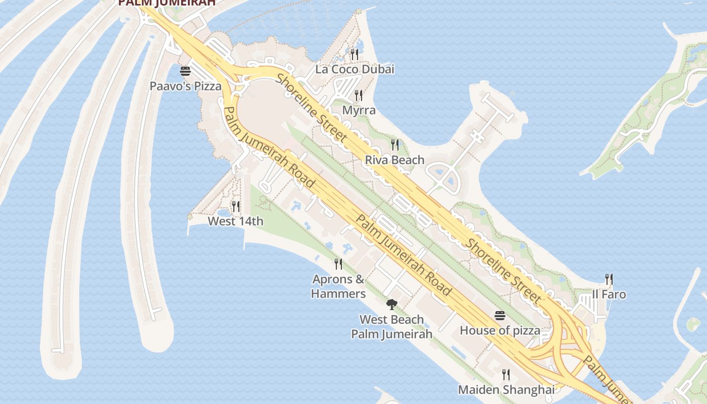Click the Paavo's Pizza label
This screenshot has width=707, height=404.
pos(185,86)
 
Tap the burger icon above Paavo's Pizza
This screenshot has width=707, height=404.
pos(185,71)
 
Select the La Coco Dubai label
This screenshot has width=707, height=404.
pos(355,69)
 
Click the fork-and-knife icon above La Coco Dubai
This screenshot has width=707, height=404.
pos(355,54)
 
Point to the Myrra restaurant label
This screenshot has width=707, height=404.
pos(359,110)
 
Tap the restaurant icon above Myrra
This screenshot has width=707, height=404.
pos(359,95)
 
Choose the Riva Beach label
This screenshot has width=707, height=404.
pos(395,160)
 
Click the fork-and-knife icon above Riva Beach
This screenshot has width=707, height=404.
pos(395,145)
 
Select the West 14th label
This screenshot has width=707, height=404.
pos(236,221)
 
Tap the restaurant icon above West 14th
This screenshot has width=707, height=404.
pos(235,206)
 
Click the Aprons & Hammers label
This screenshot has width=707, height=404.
pos(338,286)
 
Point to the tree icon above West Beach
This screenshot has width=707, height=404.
pos(391,304)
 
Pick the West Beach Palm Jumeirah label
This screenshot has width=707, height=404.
pos(392,327)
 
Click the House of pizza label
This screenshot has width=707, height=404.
pos(500,331)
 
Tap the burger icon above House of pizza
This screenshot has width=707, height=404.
pos(500,316)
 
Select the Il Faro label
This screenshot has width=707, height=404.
pos(609,294)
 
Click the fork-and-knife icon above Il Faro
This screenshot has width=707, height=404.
pos(609,279)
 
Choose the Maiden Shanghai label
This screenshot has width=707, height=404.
pos(506,390)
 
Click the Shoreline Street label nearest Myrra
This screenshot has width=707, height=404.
pos(312,108)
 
